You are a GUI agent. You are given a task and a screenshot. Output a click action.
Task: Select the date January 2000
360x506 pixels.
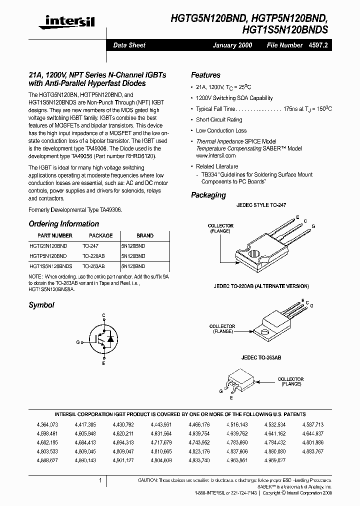[232, 45]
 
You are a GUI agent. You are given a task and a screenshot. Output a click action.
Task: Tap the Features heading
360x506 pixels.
[205, 75]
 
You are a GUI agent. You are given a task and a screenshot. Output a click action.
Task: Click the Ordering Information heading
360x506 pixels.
[63, 224]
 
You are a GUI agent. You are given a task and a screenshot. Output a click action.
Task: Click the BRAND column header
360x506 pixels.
[145, 235]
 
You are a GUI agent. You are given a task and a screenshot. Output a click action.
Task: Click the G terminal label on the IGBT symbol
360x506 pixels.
[78, 342]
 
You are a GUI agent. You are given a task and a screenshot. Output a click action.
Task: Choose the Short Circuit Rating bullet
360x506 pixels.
[219, 120]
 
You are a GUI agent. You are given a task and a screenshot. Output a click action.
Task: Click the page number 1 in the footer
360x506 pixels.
[100, 481]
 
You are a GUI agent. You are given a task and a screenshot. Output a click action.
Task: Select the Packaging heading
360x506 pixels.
[208, 195]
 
